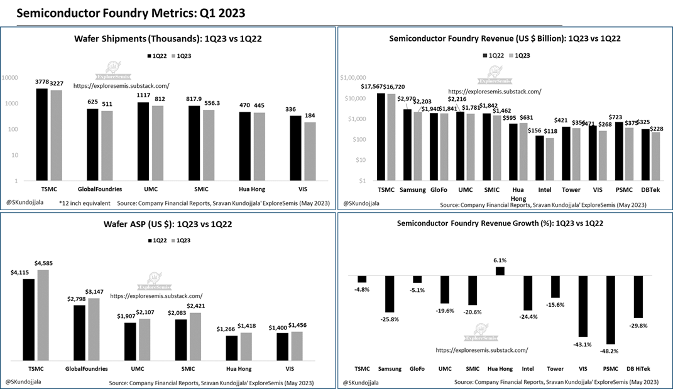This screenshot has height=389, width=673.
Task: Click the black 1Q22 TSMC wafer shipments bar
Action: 42,134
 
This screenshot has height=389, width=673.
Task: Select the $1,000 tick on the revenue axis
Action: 350,119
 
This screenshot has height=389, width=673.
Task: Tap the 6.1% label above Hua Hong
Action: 500,260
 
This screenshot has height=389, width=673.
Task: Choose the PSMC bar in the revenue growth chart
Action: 609,309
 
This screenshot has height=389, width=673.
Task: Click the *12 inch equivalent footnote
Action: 85,203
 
